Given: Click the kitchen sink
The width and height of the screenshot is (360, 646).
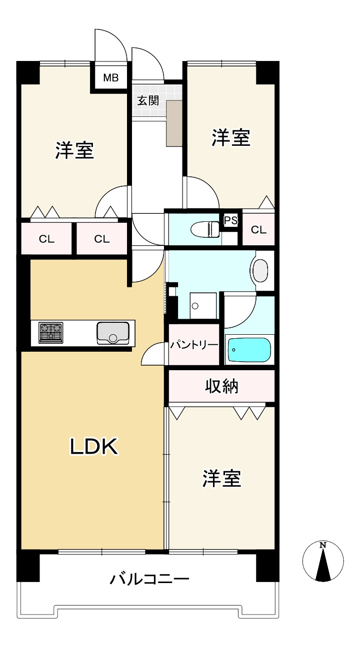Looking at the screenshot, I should tap(112, 333).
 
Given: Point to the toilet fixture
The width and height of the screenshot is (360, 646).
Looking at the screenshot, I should tap(205, 229).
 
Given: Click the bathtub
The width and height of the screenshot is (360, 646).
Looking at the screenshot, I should tap(249, 350).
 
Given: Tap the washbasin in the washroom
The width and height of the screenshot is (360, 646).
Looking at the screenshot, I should tap(260, 270).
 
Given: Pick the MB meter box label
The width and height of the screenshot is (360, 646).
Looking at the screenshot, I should tap(110, 77).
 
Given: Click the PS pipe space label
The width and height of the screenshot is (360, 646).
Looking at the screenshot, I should tap(230, 220).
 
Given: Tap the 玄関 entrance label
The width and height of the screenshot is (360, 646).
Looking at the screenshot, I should tap(148, 100).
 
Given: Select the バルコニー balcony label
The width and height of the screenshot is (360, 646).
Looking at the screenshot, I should tap(149, 580).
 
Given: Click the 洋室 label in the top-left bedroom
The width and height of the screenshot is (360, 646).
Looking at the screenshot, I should tap(74, 150).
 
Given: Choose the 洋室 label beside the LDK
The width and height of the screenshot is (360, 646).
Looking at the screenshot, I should tap(222, 478).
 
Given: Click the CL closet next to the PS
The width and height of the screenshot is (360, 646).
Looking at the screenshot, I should tap(258, 230).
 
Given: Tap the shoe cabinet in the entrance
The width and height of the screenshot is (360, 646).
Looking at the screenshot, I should tap(174, 123).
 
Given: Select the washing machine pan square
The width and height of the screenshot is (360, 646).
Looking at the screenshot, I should tap(203, 306).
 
